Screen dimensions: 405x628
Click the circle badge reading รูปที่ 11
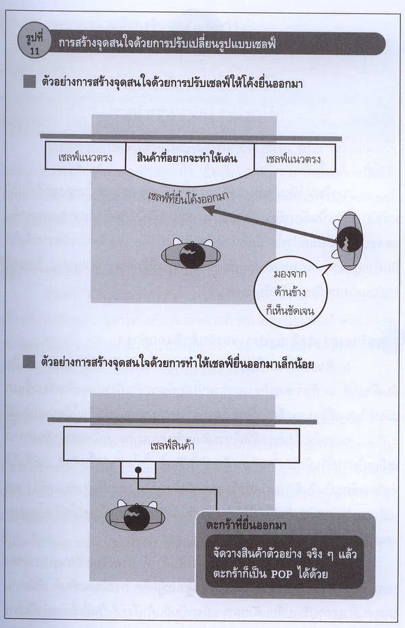point(35,43)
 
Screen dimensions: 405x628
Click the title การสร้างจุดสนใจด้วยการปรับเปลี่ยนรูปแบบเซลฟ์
point(167,43)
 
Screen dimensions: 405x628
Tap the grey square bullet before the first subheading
point(30,82)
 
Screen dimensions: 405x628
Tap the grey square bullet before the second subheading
point(30,362)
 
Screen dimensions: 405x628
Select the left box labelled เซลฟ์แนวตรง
point(85,156)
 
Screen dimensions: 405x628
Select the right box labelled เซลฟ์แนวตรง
point(294,159)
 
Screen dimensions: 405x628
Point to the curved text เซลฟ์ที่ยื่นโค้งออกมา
point(188,198)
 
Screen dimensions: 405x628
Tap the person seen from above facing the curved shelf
point(192,255)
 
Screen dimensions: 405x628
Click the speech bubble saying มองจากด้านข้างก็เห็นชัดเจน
point(291,291)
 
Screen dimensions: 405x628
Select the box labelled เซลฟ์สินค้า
point(182,445)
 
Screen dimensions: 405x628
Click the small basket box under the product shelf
point(138,469)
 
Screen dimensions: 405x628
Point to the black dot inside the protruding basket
point(138,469)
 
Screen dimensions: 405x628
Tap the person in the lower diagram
point(136,516)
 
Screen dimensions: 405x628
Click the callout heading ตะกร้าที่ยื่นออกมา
point(246,525)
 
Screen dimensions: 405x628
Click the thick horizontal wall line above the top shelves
point(190,137)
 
